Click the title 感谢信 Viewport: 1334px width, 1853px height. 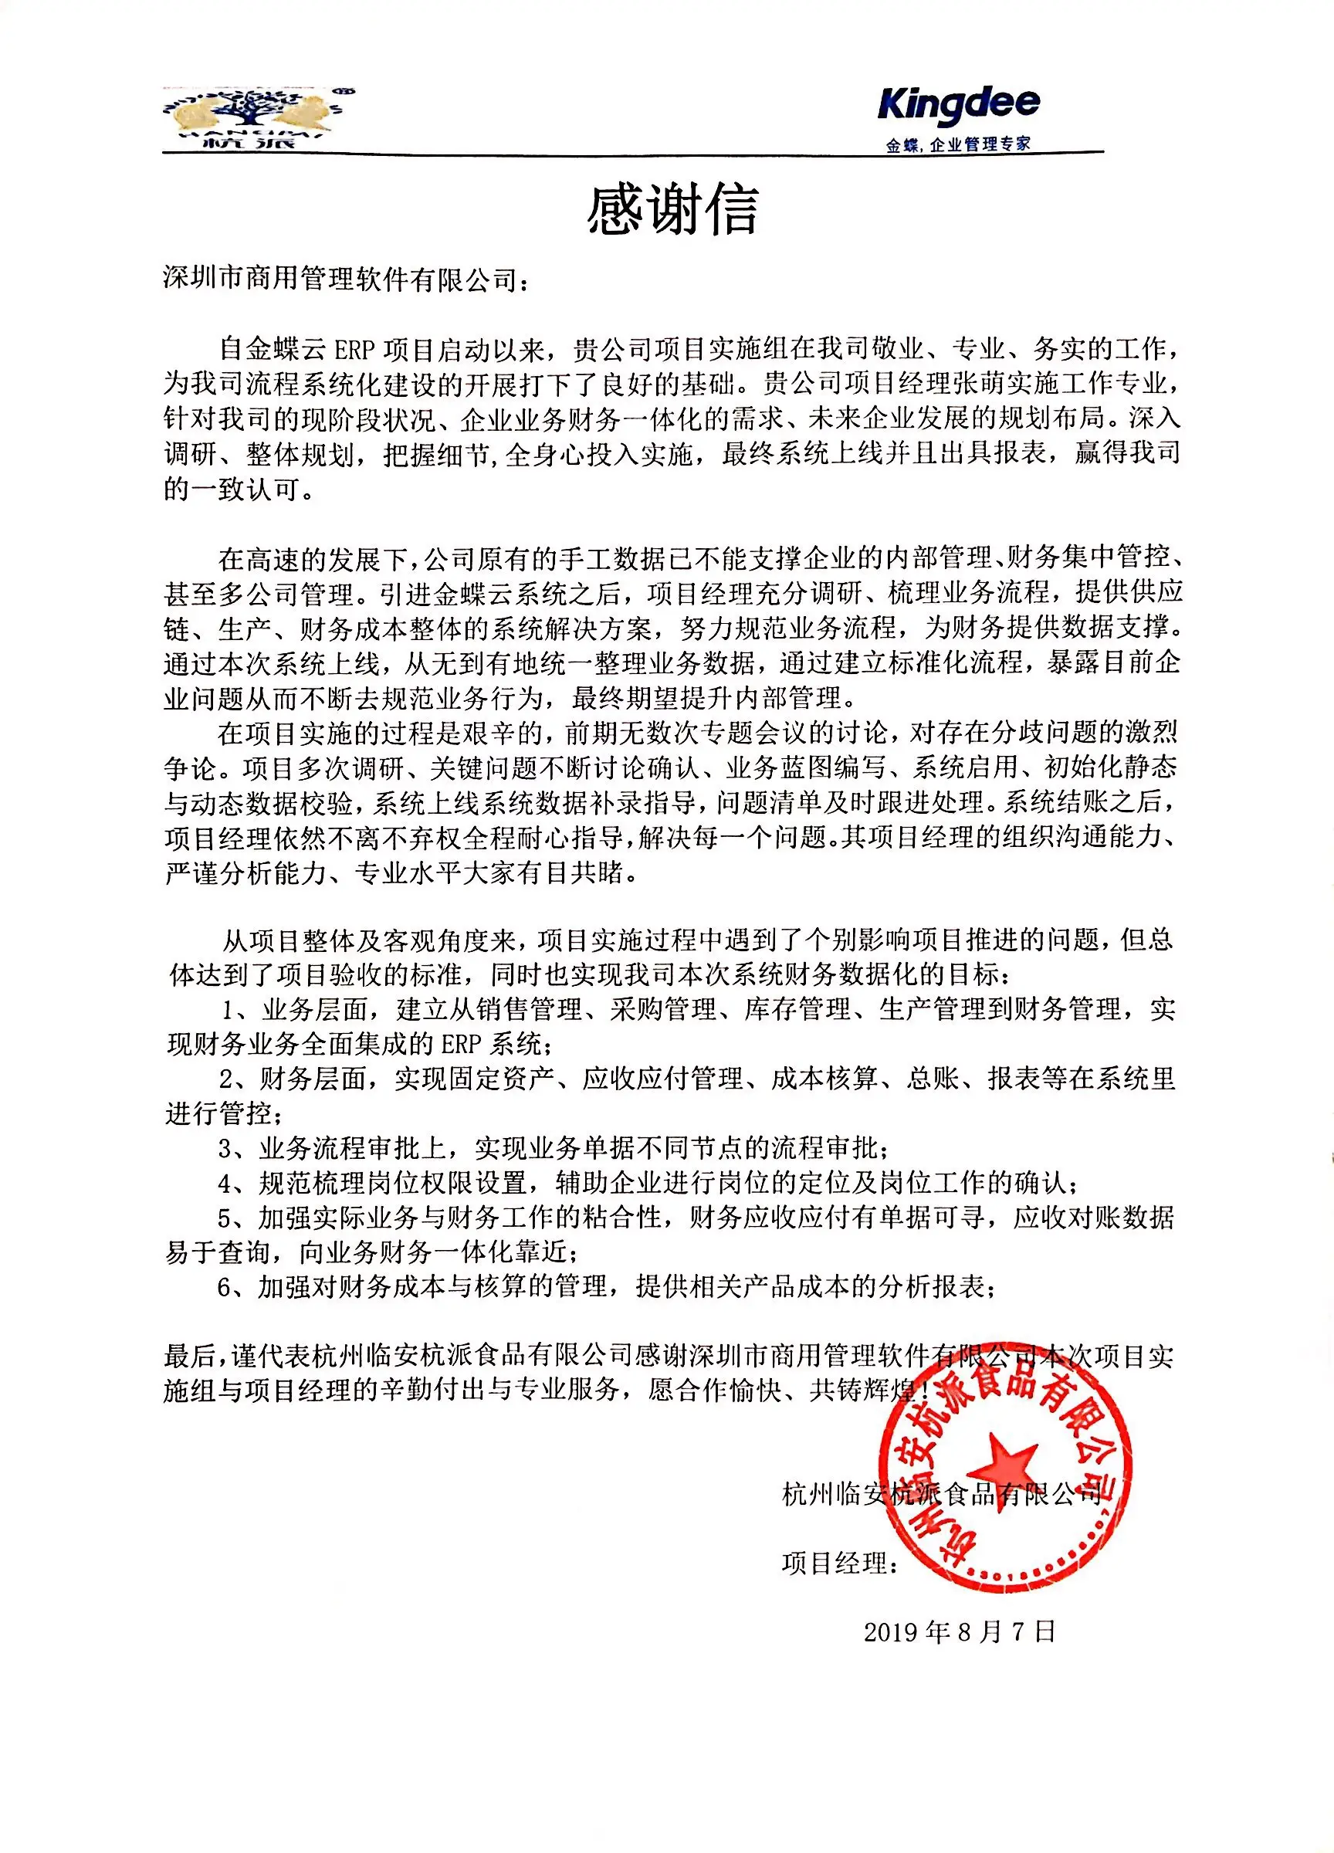(672, 210)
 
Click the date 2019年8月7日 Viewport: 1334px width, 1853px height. (959, 1631)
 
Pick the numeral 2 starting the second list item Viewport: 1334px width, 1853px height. (227, 1079)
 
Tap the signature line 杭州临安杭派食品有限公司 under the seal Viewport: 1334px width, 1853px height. (941, 1494)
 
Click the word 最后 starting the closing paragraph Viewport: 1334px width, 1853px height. (189, 1357)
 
